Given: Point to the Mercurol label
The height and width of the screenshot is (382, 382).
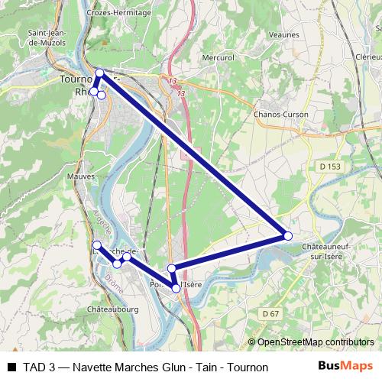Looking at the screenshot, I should coord(218,57).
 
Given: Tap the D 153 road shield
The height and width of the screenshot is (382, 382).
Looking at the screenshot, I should coord(329,166).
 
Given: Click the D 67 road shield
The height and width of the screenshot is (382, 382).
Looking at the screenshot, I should coord(269,313).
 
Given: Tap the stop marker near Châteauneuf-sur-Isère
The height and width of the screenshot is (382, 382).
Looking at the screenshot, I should coord(288,236).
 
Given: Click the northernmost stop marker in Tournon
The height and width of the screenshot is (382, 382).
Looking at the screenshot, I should coord(99,73).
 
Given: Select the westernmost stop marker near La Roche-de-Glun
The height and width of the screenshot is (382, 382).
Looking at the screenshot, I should coord(96,245).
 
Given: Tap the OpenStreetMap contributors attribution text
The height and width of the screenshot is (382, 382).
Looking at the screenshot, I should coord(315,342).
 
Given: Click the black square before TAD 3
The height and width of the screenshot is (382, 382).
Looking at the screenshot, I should coord(11,367).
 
